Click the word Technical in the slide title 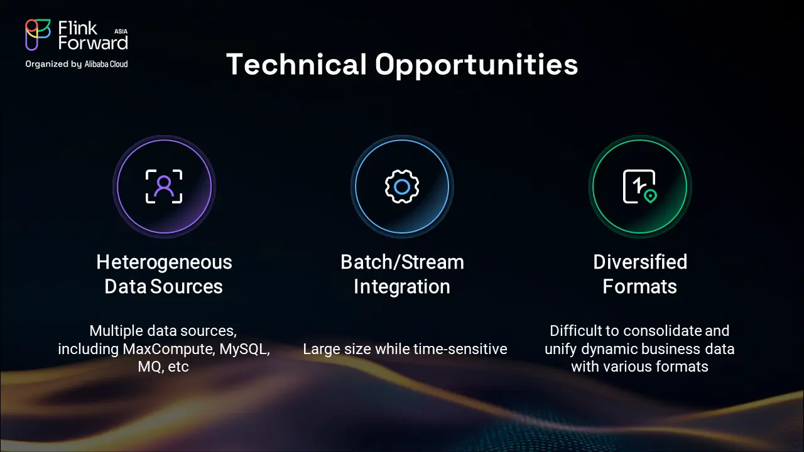click(296, 64)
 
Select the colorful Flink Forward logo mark click(38, 35)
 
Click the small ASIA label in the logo click(121, 31)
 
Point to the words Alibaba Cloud click(106, 64)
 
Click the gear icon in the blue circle click(402, 186)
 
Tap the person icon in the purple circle click(164, 186)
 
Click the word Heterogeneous click(164, 262)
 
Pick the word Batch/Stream click(402, 262)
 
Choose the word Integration click(402, 287)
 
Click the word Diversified click(640, 262)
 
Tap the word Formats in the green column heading click(639, 287)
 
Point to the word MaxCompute click(169, 349)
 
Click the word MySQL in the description click(244, 350)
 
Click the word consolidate click(662, 331)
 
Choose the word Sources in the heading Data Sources click(187, 287)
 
